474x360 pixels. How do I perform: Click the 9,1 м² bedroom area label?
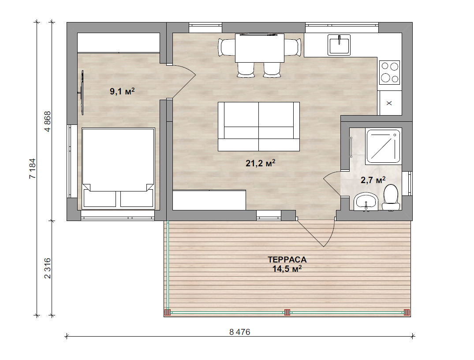coord(122,91)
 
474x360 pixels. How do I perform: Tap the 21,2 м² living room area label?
coord(260,163)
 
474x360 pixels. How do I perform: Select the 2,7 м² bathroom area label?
coord(373,180)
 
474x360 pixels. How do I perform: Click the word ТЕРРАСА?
coord(287,259)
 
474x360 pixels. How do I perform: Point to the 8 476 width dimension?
coord(240,332)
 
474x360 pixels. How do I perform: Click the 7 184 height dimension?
coord(32,168)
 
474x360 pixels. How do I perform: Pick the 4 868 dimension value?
coord(48,122)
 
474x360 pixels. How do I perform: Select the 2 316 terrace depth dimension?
coord(48,268)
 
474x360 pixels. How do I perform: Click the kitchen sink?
coord(339,45)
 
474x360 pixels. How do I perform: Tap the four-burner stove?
coord(390,72)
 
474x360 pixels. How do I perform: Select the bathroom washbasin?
coord(366,202)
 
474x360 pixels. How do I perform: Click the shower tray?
coord(383,146)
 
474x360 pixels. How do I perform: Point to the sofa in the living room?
coord(259,127)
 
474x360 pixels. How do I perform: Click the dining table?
coord(260,48)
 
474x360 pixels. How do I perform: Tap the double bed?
coord(118,168)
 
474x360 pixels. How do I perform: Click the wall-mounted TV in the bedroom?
coord(82,92)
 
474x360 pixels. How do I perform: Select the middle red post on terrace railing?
coord(287,312)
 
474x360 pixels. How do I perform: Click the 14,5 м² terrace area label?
coord(287,269)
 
